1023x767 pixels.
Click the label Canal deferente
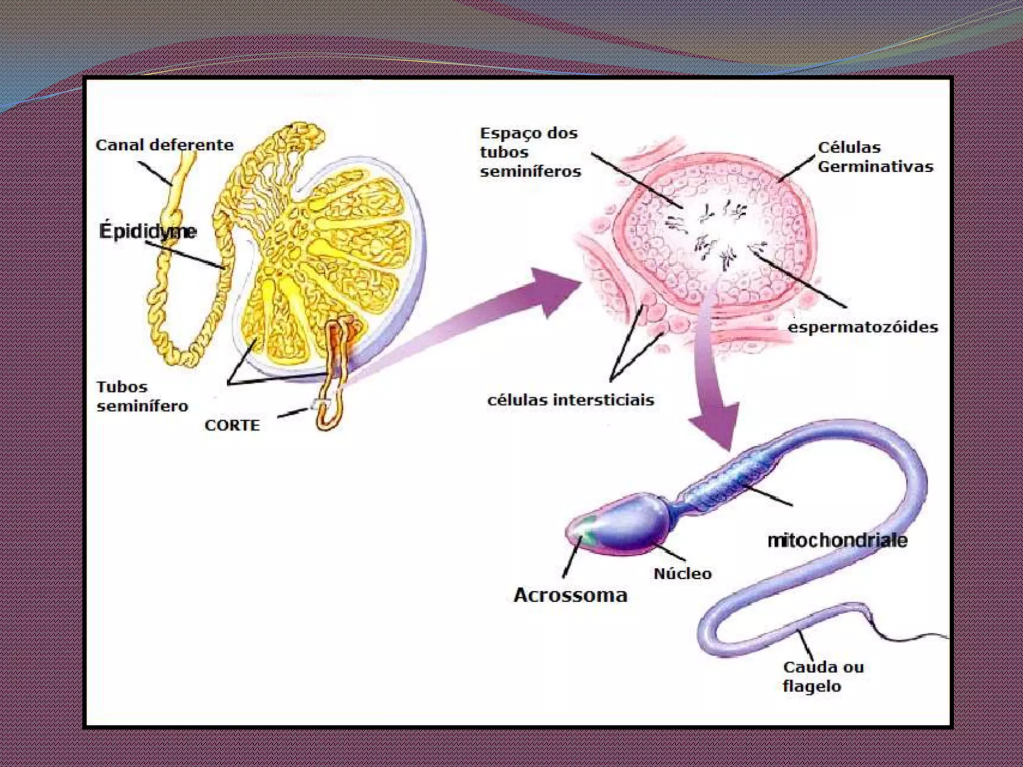(x=164, y=145)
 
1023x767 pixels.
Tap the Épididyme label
(x=148, y=231)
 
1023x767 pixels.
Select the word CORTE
(x=232, y=425)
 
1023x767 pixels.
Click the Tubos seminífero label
(x=142, y=396)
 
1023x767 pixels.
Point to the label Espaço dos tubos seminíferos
(x=530, y=152)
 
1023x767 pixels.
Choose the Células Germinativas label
(x=875, y=157)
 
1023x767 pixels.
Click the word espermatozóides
(x=863, y=328)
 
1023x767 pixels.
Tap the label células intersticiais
(x=570, y=400)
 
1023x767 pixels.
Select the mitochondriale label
(x=837, y=540)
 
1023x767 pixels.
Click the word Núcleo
(x=683, y=574)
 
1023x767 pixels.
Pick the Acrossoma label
(x=570, y=595)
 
